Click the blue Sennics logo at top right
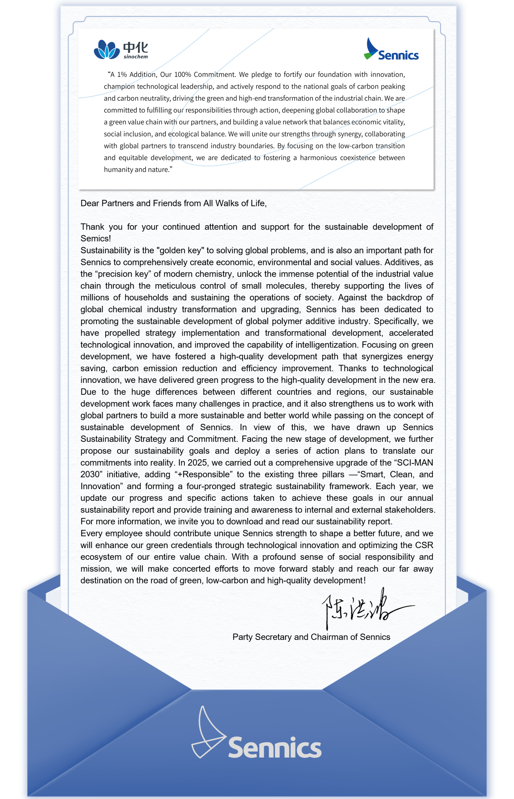click(x=391, y=50)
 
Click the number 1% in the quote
click(x=122, y=75)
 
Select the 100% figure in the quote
click(x=183, y=75)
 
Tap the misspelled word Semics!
click(x=96, y=239)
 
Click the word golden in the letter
click(x=173, y=251)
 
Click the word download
click(x=244, y=522)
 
